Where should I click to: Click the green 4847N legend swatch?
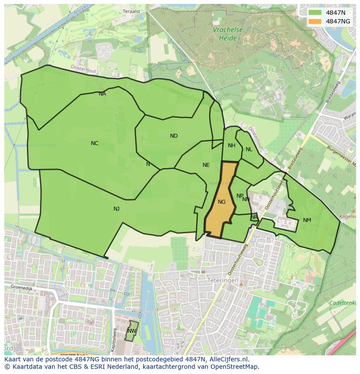pos(316,13)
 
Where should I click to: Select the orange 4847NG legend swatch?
pos(316,21)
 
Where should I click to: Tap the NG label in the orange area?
pos(222,202)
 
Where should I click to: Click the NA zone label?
pos(102,94)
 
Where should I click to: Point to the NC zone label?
pos(94,143)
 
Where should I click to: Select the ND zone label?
pos(174,136)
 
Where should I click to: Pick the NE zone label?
pos(206,165)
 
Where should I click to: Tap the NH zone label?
pos(232,146)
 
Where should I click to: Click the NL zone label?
pos(249,149)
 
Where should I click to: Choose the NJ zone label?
pos(117,209)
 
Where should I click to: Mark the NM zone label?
pos(307,220)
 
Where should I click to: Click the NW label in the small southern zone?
pos(131,331)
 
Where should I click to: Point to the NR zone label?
pos(254,217)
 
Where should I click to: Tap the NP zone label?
pos(240,196)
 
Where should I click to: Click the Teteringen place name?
pos(223,281)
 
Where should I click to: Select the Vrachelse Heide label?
pos(228,34)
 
